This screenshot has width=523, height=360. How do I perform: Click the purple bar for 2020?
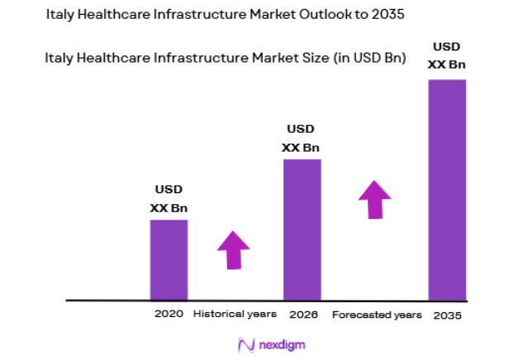[169, 259]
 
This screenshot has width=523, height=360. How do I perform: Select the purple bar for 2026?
[302, 229]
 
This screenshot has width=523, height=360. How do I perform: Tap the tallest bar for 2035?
[447, 189]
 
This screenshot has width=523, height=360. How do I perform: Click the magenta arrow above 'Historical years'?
[233, 249]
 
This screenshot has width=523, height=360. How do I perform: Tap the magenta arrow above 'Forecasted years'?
[375, 199]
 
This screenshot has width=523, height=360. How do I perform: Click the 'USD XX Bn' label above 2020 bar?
[168, 199]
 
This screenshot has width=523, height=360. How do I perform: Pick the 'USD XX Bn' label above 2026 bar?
[301, 138]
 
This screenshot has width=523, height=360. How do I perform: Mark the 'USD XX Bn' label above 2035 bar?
[447, 54]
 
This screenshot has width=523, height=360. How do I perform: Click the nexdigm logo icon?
[244, 343]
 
